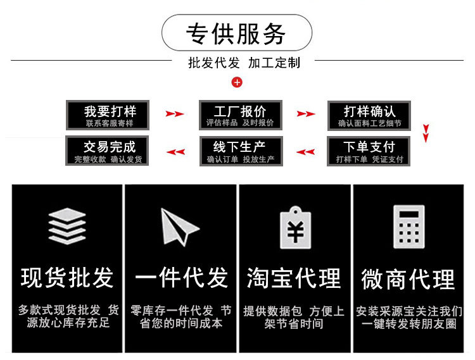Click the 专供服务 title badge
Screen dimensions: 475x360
(237, 33)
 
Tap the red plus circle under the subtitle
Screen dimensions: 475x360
(237, 82)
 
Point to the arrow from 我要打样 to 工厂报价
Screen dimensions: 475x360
(175, 115)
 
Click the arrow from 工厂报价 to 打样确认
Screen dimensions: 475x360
(306, 115)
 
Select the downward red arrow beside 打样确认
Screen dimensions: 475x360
(426, 133)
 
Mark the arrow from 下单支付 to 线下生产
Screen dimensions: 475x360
(306, 152)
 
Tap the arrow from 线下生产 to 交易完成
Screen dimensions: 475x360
(175, 152)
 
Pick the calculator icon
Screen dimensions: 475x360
(408, 227)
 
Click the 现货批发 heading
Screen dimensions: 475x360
(67, 278)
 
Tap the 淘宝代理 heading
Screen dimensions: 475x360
(294, 278)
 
